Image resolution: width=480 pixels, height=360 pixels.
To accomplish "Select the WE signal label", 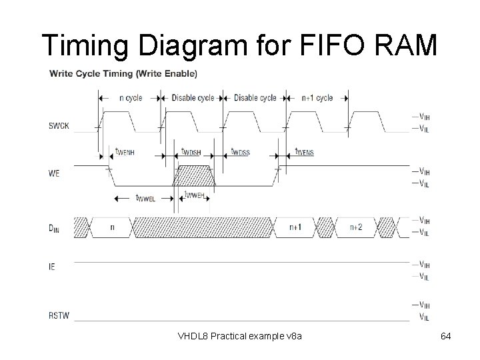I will (54, 173).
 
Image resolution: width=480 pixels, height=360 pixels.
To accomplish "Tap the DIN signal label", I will (55, 227).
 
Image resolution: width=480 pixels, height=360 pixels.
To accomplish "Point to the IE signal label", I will (52, 267).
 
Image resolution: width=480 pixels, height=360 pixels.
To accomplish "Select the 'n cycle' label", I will (131, 98).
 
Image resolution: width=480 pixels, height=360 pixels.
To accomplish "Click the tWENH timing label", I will (125, 153).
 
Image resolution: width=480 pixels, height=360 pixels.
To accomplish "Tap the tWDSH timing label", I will (192, 153).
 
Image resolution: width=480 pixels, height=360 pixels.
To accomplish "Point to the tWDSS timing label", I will (240, 153).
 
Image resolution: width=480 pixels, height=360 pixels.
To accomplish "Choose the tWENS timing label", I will (305, 153).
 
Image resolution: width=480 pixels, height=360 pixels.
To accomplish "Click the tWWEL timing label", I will (145, 198).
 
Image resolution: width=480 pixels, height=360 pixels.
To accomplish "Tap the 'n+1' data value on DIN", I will (295, 227).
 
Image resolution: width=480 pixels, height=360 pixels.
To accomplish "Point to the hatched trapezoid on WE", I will (193, 177).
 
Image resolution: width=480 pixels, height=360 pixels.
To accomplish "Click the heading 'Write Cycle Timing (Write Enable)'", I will (123, 73).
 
